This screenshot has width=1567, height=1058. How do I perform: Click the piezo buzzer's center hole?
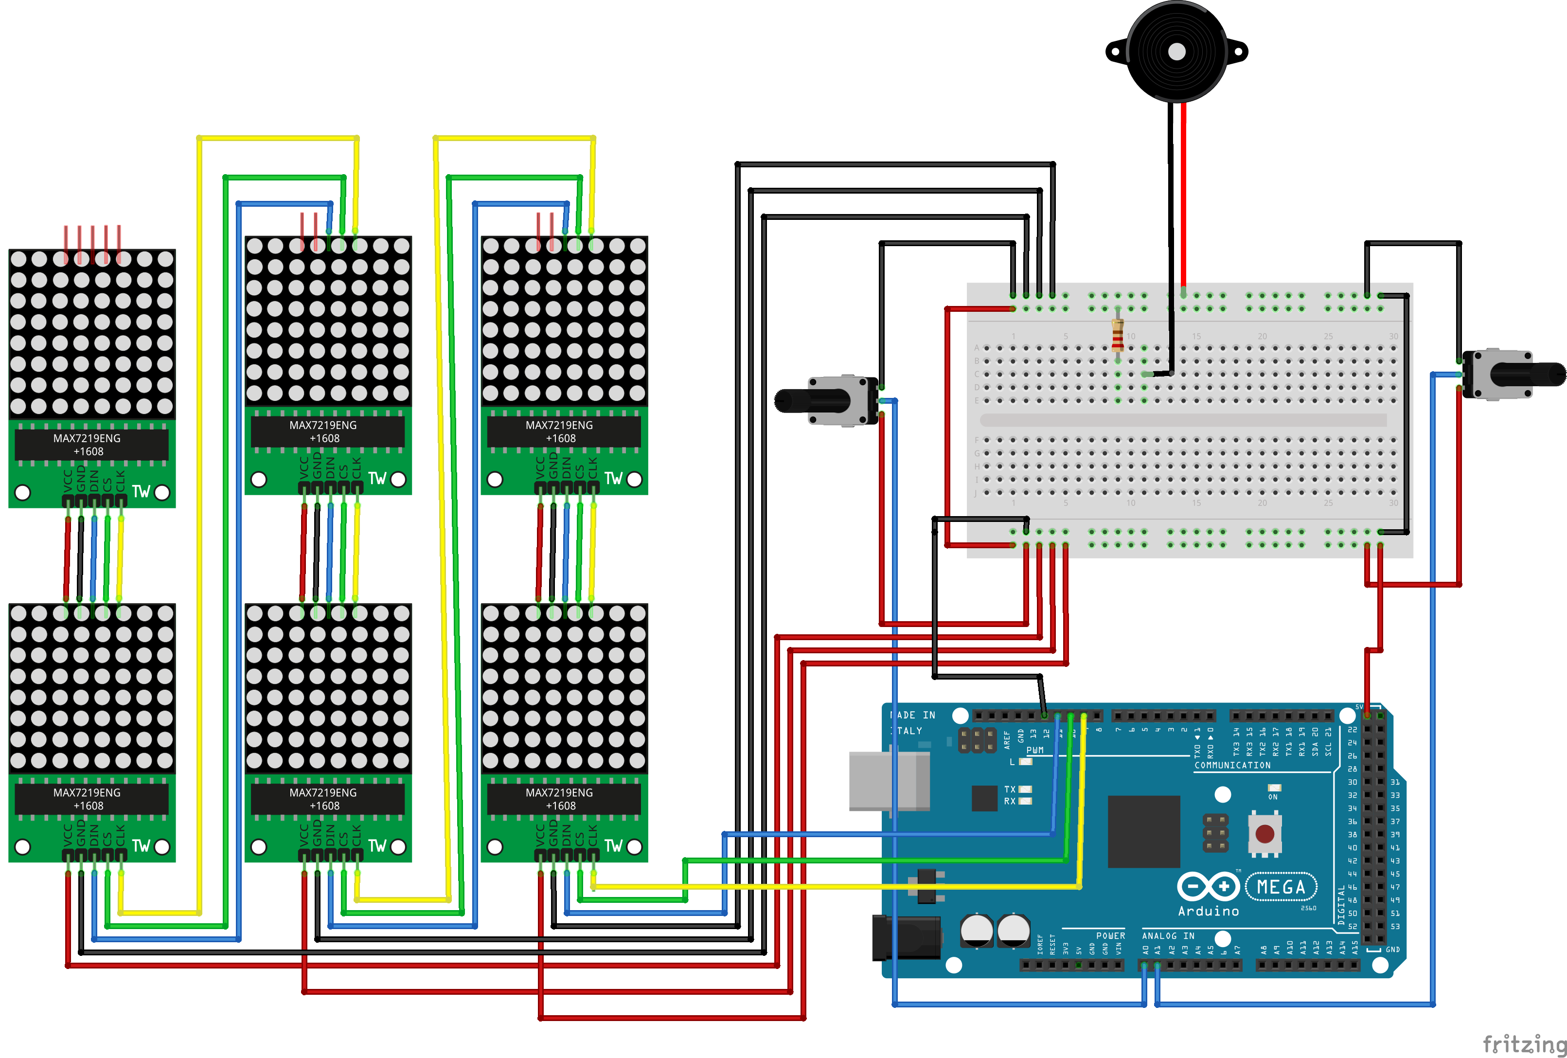coord(1176,51)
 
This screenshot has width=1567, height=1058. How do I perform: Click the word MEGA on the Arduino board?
coord(1281,887)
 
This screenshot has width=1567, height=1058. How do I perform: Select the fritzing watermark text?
coord(1523,1044)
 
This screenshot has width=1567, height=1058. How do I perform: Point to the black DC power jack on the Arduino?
coord(906,937)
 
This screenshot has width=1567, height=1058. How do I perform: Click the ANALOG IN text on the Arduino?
coord(1168,936)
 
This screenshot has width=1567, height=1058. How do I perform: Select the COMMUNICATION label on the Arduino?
coord(1232,765)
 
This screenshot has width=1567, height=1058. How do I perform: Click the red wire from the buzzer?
coord(1183,196)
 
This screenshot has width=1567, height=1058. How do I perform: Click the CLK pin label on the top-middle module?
coord(356,466)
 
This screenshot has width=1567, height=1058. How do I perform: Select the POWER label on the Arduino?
coord(1110,936)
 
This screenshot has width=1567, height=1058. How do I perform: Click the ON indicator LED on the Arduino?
coord(1274,788)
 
